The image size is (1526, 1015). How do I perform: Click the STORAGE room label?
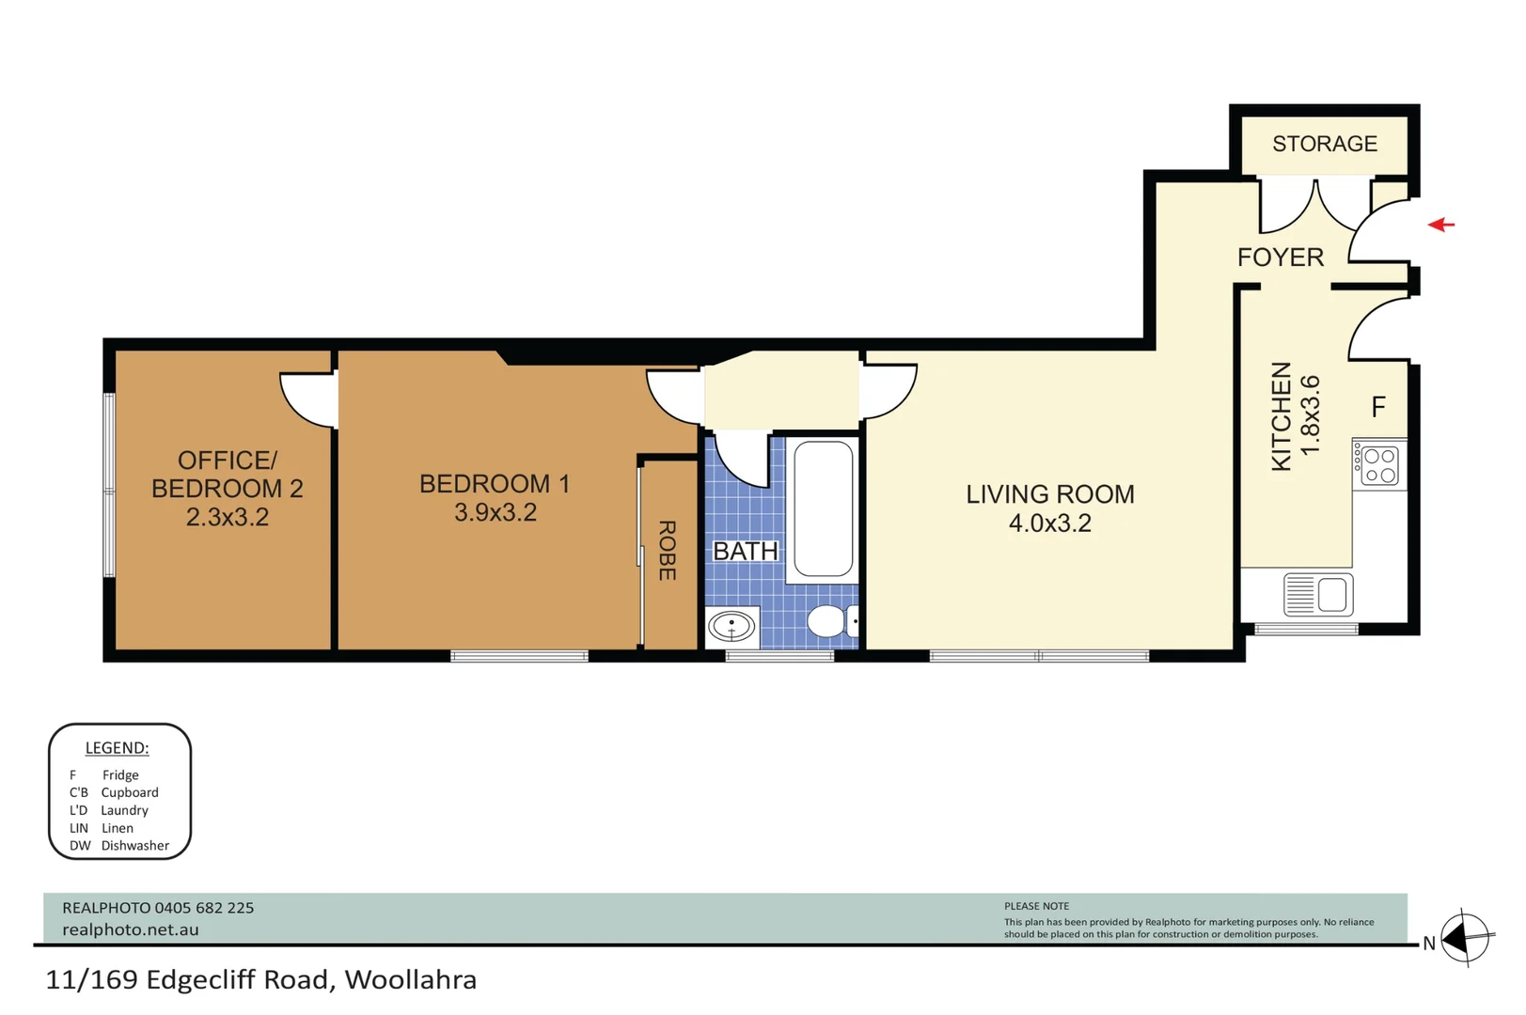click(1325, 144)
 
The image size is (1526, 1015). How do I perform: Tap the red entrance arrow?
click(1440, 224)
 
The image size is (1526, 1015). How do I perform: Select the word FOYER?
click(1280, 258)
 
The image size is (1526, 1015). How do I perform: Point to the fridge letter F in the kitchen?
click(1378, 407)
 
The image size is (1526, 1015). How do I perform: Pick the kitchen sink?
click(1318, 594)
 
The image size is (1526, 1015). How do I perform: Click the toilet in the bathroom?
click(832, 620)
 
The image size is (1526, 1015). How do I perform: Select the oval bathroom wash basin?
click(731, 626)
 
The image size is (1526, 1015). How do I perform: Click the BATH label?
click(746, 551)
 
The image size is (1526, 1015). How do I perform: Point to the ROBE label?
click(667, 551)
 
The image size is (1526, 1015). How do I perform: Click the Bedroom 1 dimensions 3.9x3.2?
click(496, 512)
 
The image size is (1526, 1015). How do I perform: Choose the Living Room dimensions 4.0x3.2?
click(1050, 523)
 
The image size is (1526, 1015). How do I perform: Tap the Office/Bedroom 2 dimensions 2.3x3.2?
click(227, 518)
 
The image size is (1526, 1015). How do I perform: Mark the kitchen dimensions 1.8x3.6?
click(1310, 414)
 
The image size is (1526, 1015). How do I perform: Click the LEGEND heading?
click(118, 747)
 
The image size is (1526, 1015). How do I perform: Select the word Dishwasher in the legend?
click(134, 846)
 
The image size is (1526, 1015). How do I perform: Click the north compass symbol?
click(1465, 938)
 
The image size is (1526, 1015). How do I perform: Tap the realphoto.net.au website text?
click(130, 929)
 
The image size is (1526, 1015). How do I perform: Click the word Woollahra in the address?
click(410, 979)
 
